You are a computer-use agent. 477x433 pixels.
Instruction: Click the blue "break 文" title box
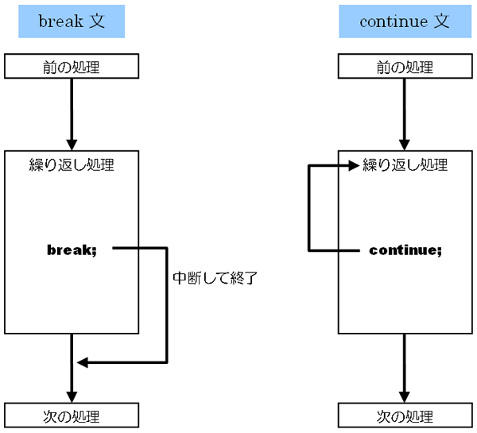[x=72, y=21]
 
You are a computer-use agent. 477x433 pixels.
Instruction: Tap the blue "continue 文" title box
[x=405, y=21]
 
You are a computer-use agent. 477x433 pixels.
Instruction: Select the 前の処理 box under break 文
[x=72, y=66]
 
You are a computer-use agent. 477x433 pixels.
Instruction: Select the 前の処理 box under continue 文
[x=405, y=66]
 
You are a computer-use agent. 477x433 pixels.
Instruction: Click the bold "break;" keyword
[x=72, y=250]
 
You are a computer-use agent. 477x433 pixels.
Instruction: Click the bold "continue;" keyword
[x=405, y=250]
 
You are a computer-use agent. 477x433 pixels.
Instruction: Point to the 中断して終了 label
[x=215, y=278]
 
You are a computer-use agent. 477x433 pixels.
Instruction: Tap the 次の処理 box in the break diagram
[x=72, y=416]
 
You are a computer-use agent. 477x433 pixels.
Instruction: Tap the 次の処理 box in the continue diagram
[x=405, y=416]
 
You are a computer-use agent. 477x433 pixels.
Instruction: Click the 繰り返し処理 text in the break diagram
[x=72, y=165]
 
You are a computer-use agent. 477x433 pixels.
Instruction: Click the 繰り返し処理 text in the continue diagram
[x=405, y=165]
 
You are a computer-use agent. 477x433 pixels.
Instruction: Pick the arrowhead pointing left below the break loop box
[x=83, y=362]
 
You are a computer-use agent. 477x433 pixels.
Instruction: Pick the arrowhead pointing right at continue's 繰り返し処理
[x=354, y=165]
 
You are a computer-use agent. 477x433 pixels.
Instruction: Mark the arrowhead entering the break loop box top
[x=72, y=145]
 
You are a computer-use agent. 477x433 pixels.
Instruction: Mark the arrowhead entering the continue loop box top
[x=405, y=145]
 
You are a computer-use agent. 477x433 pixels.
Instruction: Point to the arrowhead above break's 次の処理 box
[x=72, y=397]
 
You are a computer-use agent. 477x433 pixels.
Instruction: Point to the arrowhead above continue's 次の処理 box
[x=405, y=397]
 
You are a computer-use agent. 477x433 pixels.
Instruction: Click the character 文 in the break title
[x=97, y=21]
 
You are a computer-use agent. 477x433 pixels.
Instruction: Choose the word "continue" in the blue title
[x=394, y=21]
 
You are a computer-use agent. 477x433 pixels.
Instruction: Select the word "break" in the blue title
[x=60, y=21]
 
